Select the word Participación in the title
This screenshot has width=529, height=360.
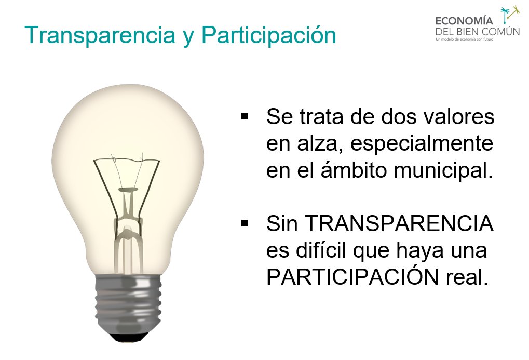click(268, 35)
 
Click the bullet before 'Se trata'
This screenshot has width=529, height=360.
click(245, 115)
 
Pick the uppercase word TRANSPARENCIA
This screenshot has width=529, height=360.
click(399, 224)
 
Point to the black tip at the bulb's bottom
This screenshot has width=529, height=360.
click(128, 338)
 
